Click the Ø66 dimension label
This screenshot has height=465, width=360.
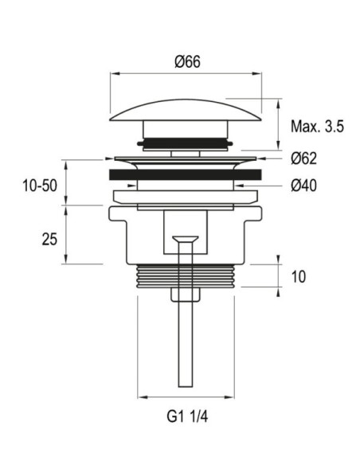(x=187, y=61)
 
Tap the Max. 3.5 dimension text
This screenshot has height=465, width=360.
(x=317, y=127)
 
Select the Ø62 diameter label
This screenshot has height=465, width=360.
(x=303, y=158)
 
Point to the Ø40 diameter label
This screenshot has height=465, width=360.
(x=303, y=186)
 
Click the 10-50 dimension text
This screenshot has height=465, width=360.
(x=40, y=186)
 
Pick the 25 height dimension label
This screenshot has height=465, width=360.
(x=49, y=239)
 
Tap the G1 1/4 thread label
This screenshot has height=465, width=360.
(x=187, y=416)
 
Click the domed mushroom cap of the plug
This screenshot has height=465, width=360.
(x=186, y=111)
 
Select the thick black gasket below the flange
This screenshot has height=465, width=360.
(x=186, y=174)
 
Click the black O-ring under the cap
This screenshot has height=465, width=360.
(x=185, y=143)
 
